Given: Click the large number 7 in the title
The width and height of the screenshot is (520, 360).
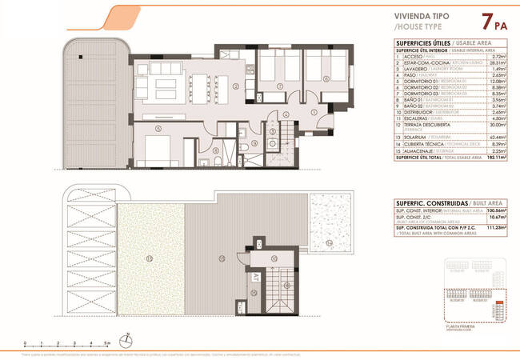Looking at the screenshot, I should pos(484,22).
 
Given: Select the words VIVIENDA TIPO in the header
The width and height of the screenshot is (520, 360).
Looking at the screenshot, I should pos(422,15).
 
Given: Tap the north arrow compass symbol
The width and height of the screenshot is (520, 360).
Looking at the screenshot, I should pos(125,339).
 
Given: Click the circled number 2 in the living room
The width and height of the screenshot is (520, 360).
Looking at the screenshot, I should pos(235,86).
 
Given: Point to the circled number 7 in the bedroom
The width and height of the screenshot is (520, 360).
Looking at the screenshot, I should pos(279,86).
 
